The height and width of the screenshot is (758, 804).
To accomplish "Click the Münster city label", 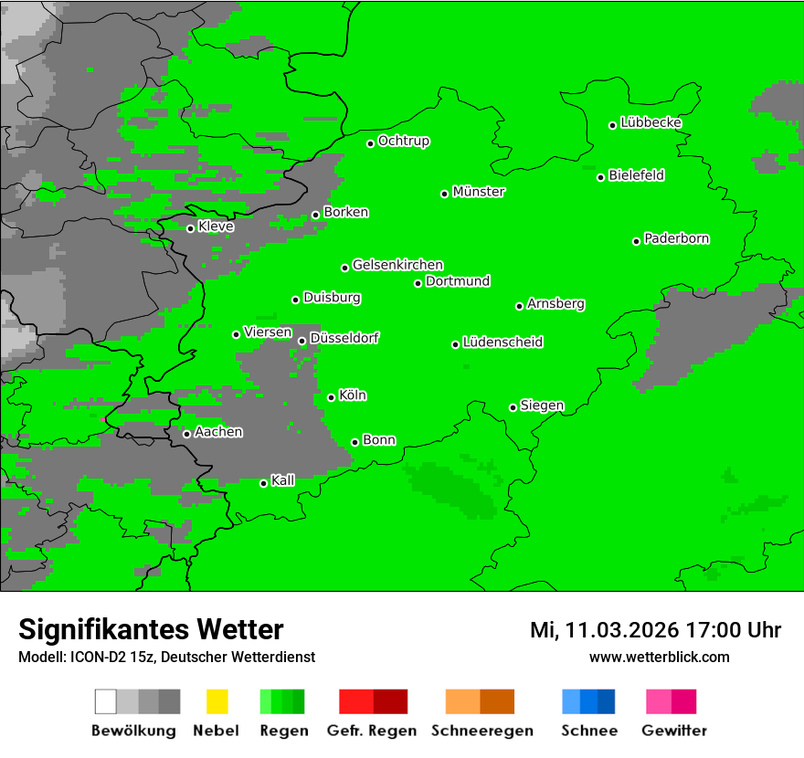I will (x=479, y=192).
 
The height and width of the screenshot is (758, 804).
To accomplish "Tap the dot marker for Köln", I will (x=332, y=397).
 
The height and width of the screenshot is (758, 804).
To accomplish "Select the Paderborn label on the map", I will (x=677, y=238).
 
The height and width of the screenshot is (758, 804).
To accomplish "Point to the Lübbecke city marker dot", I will (x=613, y=125).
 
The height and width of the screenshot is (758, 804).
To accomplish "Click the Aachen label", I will (x=218, y=432).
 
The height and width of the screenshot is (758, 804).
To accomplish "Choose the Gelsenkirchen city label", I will (x=397, y=265).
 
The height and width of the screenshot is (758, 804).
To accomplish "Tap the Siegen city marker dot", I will (x=513, y=407).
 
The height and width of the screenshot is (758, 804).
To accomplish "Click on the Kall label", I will (x=283, y=480).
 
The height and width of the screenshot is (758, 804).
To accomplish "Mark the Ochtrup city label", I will (x=404, y=141).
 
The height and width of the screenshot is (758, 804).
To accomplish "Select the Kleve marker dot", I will (x=191, y=228).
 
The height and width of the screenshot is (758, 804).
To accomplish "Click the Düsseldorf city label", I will (x=344, y=338).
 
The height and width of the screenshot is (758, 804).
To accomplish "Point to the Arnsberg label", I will (x=555, y=303).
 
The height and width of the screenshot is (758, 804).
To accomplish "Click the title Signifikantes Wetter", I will (x=151, y=629).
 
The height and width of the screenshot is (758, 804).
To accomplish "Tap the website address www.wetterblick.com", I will (x=659, y=657).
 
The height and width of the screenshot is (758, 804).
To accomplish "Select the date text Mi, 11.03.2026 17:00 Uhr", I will (x=655, y=630).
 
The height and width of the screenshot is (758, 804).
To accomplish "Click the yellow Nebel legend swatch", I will (x=217, y=701).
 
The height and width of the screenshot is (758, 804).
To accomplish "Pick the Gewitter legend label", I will (x=674, y=731).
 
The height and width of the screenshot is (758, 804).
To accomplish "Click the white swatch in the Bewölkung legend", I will (x=106, y=701).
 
